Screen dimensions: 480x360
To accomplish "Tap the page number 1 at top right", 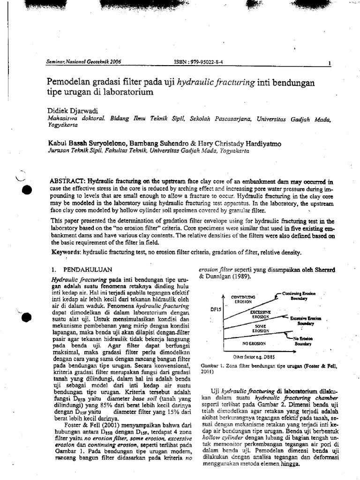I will [330, 64].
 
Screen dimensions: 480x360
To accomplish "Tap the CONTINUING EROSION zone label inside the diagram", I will [243, 300].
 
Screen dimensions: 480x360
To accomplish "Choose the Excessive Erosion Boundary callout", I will [305, 321].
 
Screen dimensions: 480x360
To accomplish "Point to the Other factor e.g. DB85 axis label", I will [250, 357].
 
